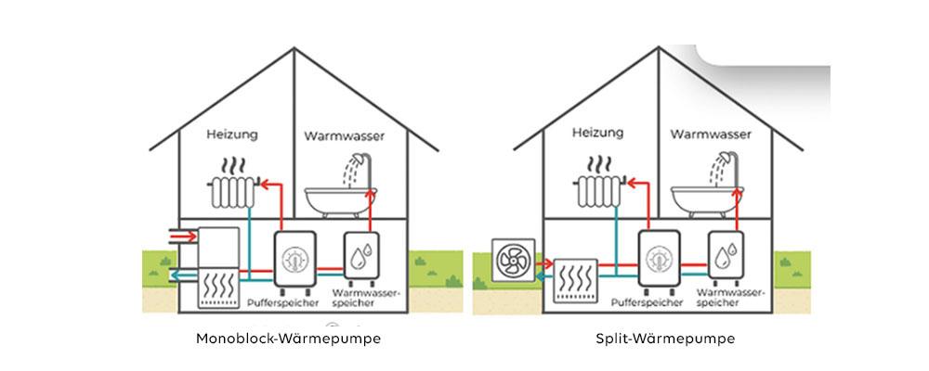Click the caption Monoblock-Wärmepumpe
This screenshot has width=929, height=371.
click(288, 339)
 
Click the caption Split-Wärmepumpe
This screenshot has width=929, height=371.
click(665, 339)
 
